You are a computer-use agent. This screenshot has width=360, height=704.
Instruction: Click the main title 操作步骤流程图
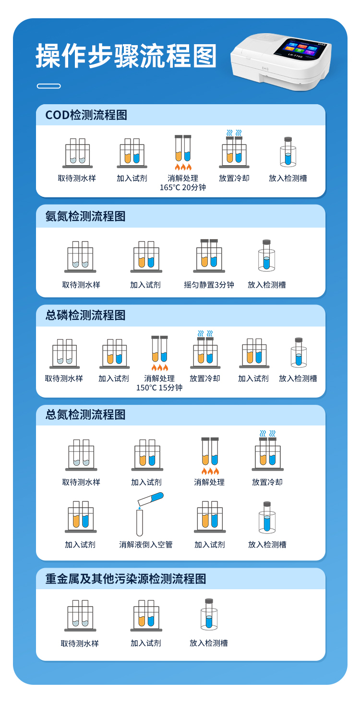126,56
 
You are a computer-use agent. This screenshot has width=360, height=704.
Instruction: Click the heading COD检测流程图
86,115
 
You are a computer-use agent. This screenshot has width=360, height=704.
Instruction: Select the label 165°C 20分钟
182,188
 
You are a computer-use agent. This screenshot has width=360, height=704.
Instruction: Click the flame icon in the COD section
183,167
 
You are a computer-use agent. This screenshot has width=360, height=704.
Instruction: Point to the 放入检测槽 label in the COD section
288,178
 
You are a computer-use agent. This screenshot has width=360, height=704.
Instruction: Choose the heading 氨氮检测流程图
85,216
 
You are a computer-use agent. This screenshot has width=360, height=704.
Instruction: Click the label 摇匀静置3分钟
209,285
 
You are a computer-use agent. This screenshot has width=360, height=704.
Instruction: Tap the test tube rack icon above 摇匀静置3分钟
209,256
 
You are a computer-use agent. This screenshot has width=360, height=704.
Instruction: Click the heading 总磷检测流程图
85,315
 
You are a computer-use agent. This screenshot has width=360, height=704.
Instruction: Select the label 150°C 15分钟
159,388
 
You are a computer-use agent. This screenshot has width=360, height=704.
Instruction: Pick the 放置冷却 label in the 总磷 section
205,378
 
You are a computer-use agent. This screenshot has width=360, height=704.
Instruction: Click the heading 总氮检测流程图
85,414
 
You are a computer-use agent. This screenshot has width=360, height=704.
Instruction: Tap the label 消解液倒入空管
146,545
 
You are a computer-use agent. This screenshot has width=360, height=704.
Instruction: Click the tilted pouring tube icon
151,499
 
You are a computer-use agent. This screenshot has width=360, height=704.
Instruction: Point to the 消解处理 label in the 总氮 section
209,482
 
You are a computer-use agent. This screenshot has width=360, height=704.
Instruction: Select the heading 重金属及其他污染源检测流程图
126,579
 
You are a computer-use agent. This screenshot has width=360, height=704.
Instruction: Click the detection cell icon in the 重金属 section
209,614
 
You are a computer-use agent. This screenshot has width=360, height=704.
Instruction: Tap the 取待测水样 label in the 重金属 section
80,643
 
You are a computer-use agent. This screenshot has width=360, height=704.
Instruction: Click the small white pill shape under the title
48,86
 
